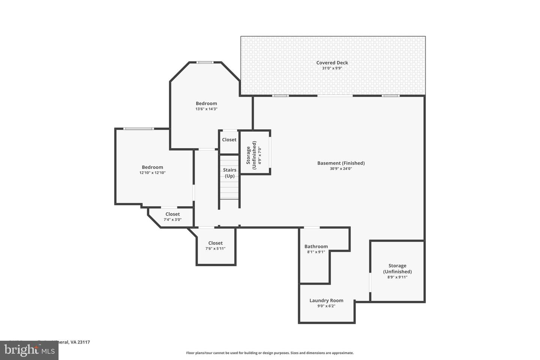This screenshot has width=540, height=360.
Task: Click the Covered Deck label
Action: [332, 63]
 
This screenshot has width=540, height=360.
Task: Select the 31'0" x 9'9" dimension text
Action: [332, 68]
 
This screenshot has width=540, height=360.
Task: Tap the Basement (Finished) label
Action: [341, 163]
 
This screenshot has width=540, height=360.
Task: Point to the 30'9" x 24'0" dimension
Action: [341, 169]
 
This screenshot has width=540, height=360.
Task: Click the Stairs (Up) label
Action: [229, 173]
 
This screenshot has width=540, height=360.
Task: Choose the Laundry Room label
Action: [326, 300]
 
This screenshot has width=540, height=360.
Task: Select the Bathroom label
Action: [316, 246]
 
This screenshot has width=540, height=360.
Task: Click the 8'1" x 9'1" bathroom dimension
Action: [316, 252]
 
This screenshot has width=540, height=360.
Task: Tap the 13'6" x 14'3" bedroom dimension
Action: [206, 109]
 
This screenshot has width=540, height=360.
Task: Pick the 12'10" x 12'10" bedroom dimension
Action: [152, 173]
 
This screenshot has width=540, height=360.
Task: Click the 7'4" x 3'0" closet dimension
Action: [172, 220]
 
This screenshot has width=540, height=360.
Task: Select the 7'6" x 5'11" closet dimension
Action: [215, 249]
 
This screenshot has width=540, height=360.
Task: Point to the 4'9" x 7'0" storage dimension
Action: [259, 156]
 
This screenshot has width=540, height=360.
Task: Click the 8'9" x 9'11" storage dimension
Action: [397, 277]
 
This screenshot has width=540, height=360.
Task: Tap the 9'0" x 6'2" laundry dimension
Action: [326, 306]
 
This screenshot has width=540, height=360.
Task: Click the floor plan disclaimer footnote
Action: [270, 353]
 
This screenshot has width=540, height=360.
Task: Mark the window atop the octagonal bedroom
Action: [205, 62]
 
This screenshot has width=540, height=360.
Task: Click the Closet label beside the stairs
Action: [229, 139]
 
